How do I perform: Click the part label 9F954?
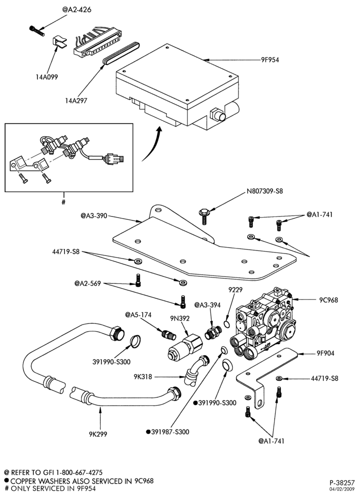270,59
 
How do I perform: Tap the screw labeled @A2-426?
36,31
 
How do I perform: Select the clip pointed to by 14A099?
59,41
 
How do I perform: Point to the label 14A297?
76,101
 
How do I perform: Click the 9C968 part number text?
328,299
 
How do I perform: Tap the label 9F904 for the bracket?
325,353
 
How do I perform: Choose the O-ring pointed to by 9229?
226,324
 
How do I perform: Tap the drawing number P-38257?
342,483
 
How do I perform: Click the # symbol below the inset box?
63,202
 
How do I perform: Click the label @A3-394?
207,305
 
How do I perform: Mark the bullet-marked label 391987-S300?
167,432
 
